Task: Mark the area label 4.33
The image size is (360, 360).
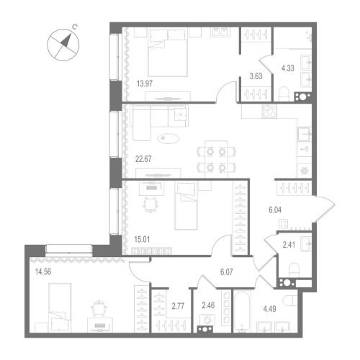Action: [288, 69]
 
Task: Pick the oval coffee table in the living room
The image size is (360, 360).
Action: [171, 138]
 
